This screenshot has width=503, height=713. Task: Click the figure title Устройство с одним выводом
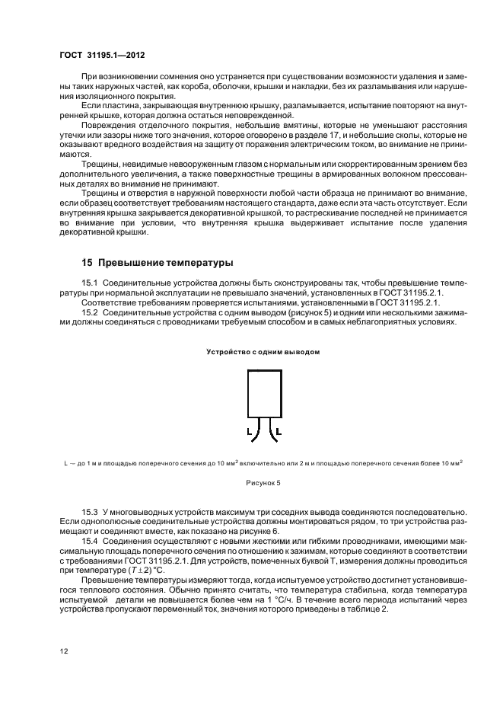pos(263,352)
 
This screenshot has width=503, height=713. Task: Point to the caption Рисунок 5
pos(263,482)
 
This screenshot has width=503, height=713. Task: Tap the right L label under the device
pos(278,432)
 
